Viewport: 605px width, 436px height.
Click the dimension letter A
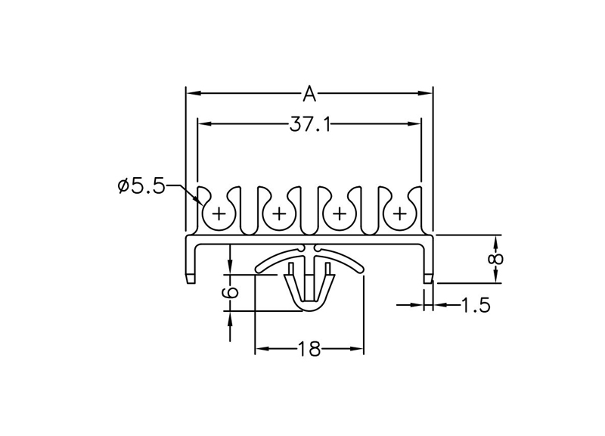point(309,94)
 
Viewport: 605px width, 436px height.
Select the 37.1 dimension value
point(310,125)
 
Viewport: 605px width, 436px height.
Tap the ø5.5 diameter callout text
point(141,186)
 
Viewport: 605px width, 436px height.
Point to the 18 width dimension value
point(309,349)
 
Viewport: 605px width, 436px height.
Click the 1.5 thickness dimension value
point(476,305)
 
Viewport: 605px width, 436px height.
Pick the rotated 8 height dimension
point(496,259)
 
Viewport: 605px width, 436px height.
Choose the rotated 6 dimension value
point(230,292)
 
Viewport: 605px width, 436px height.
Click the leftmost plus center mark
point(219,213)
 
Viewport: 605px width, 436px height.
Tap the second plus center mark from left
point(279,213)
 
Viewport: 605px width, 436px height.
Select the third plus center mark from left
point(340,213)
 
